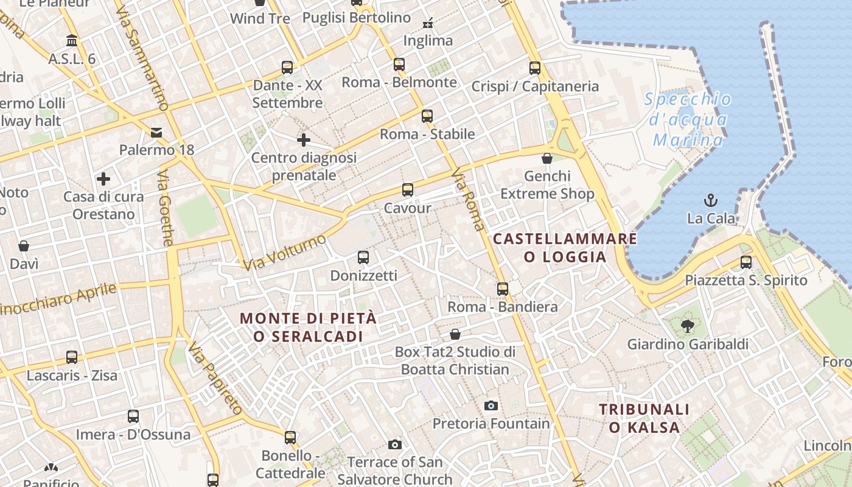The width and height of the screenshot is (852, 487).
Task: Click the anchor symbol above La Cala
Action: (x=710, y=200)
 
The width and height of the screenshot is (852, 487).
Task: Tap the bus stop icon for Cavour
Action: (x=408, y=190)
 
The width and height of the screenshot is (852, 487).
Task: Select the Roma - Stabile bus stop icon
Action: (x=427, y=116)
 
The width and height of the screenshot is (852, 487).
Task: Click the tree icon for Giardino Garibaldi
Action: (x=688, y=326)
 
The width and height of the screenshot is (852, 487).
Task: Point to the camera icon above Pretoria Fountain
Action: (x=491, y=405)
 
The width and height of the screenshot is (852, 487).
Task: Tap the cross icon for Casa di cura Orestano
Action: (x=103, y=179)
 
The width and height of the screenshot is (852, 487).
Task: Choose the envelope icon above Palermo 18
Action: (x=156, y=133)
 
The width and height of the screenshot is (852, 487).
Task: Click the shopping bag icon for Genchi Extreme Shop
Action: (x=547, y=158)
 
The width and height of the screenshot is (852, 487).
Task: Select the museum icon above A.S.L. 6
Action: (x=72, y=41)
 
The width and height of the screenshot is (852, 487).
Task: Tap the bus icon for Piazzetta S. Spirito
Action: (x=746, y=262)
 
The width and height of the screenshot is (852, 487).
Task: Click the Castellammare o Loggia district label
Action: (x=565, y=248)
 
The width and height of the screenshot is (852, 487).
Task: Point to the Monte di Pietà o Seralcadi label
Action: (x=308, y=327)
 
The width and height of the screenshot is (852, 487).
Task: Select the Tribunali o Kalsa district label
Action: (x=644, y=418)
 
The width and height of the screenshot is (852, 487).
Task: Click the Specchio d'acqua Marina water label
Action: (x=688, y=119)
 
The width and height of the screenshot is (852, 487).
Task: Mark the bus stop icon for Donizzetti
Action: (x=363, y=258)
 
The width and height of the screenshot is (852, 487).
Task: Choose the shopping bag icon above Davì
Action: (x=24, y=246)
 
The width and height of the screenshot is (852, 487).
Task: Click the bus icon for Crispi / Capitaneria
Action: (x=535, y=68)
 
